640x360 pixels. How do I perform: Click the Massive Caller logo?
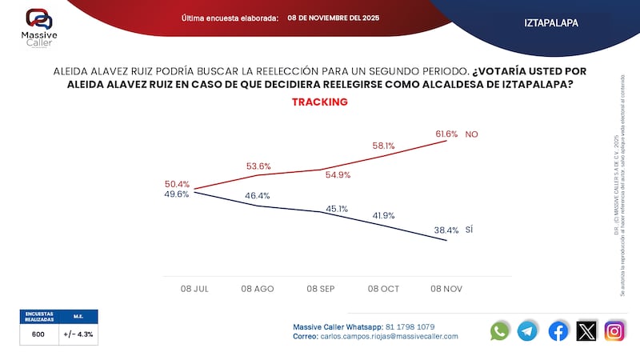tap(38, 26)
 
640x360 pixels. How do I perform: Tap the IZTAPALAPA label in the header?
tap(552, 23)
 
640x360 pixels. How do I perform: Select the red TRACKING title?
tap(319, 102)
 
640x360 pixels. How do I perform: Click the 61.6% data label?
tap(447, 134)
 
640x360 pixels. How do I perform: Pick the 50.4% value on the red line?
tap(176, 183)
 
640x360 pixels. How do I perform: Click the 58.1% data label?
tap(384, 146)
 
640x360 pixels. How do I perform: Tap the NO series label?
tap(471, 134)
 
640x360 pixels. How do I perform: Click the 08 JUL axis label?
tap(194, 287)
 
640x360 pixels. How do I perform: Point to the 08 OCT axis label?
tap(383, 287)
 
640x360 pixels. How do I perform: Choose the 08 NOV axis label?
tap(446, 287)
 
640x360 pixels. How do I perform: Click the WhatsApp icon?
tap(500, 330)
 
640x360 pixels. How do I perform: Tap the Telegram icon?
tap(527, 330)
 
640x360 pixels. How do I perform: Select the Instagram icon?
tap(614, 330)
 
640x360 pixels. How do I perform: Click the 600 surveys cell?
tap(38, 334)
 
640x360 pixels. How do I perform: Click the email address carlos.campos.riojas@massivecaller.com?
tap(390, 337)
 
